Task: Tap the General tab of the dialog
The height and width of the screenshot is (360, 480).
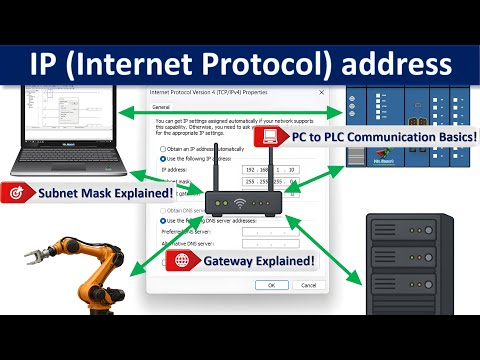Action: point(160,105)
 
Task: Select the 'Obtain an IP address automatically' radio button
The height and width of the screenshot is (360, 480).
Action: point(163,147)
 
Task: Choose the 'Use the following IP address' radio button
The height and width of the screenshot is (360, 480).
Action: point(163,158)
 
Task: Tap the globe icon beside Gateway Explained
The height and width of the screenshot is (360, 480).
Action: point(183,261)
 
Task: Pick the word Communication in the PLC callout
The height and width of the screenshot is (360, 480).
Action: point(389,135)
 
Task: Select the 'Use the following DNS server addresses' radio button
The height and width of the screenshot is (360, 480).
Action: point(163,220)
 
